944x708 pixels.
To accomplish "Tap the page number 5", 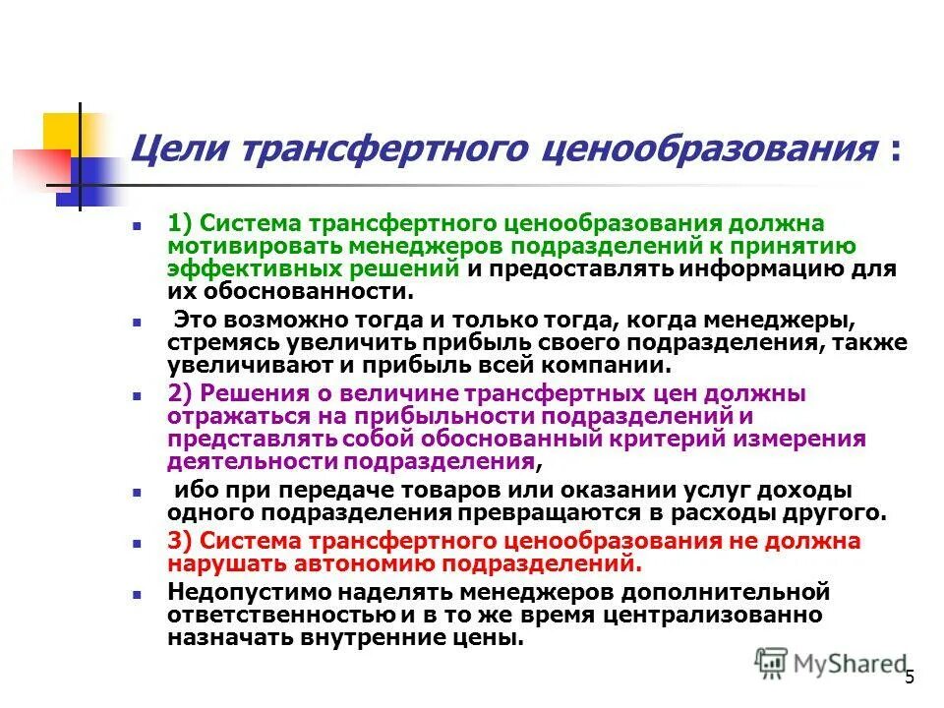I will (910, 677).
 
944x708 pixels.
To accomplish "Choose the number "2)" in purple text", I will (183, 393).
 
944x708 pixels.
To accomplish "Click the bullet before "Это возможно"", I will (138, 321).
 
